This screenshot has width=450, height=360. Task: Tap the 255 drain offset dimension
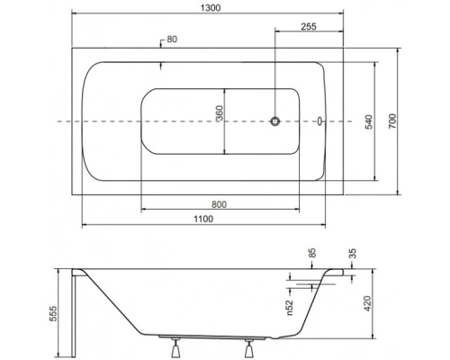[308, 26]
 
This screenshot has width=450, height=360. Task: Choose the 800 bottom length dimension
[219, 203]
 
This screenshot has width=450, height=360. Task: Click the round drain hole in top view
[274, 121]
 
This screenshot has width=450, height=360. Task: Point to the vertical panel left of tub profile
[76, 310]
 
